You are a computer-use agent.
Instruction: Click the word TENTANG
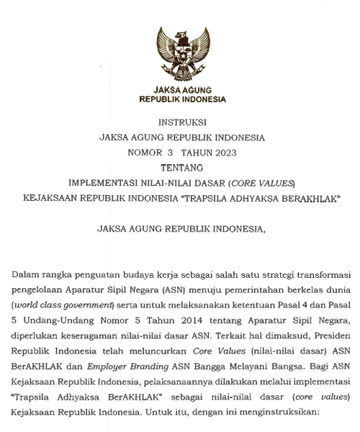pos(181,167)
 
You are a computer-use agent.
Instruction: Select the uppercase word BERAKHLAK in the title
pos(307,197)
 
